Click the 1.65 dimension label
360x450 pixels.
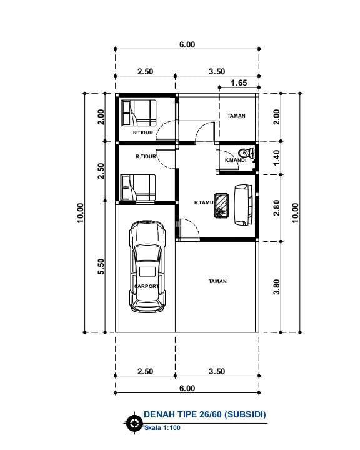(239, 82)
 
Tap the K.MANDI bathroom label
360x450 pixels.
(235, 160)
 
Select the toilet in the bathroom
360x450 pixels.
(247, 152)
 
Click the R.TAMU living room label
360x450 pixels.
(204, 202)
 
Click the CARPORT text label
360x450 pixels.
(146, 286)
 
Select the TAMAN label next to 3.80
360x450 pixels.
(217, 281)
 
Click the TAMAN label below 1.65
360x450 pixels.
(236, 116)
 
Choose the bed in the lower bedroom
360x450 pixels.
(139, 187)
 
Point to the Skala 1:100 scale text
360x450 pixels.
(161, 428)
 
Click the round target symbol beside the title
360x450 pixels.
(132, 423)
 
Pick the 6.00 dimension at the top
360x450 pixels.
(187, 44)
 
